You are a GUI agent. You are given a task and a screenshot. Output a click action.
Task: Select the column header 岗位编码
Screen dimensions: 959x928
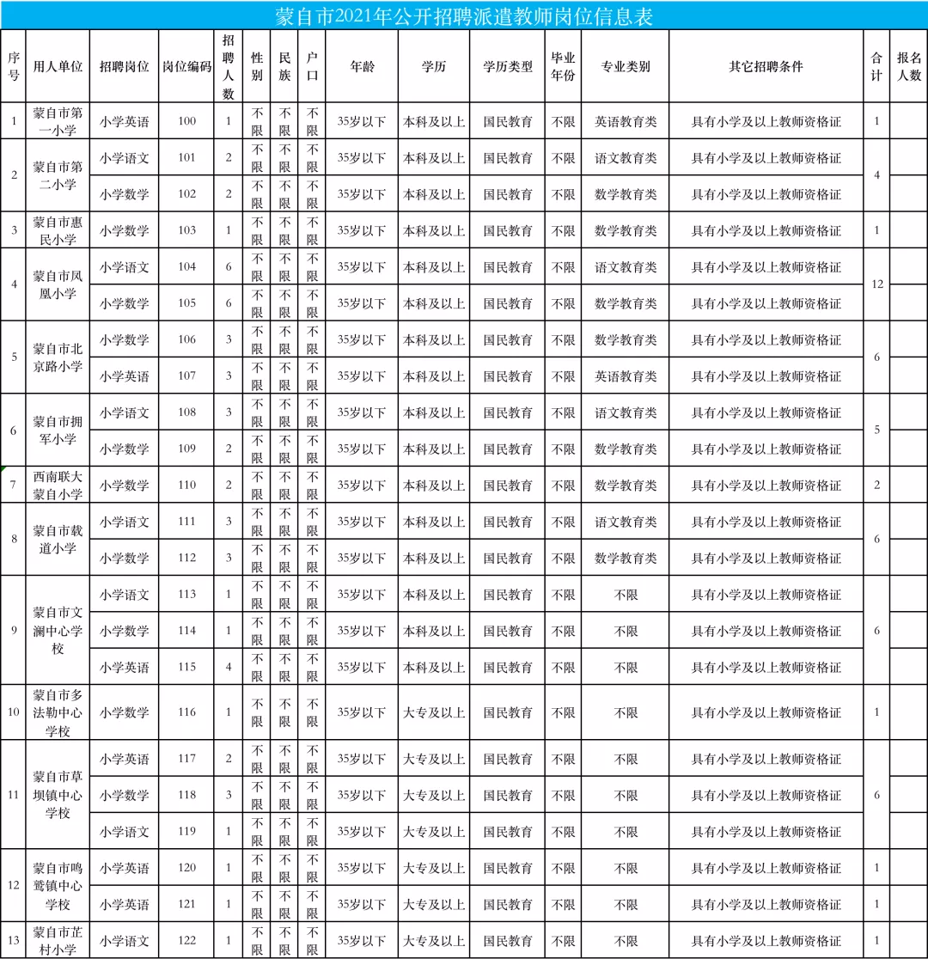187,67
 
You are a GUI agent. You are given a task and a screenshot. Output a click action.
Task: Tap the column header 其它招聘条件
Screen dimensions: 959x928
766,67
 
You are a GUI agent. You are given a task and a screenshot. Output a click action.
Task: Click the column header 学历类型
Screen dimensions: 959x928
508,67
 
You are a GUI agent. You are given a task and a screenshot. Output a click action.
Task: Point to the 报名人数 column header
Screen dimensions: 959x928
908,67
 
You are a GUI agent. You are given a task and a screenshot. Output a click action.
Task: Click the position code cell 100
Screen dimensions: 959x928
187,121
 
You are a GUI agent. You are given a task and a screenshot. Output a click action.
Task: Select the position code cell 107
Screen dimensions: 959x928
187,376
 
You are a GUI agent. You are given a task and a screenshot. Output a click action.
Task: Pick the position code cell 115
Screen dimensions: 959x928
187,667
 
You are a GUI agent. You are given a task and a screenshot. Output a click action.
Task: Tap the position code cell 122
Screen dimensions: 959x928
187,940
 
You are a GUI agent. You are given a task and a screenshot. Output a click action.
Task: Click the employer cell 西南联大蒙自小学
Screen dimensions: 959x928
58,485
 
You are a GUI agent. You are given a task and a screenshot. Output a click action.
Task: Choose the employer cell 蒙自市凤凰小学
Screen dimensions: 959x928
58,285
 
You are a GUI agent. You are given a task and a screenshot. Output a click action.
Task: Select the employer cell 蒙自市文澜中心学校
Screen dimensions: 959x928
58,631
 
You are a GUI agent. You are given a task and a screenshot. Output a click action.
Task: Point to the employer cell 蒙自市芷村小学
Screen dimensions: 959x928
58,940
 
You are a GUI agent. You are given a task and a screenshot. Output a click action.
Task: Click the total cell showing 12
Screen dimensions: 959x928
876,284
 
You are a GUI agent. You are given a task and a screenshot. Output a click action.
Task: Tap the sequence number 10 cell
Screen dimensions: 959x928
14,712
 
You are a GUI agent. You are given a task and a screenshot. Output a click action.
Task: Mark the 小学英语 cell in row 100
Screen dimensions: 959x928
124,121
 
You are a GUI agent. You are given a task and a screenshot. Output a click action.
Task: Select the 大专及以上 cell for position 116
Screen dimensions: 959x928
434,712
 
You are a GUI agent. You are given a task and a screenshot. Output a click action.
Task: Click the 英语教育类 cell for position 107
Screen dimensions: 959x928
625,376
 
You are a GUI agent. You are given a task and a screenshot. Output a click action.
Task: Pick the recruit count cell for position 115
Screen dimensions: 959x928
229,667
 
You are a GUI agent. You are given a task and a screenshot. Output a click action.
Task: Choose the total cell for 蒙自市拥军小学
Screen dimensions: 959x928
876,431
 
